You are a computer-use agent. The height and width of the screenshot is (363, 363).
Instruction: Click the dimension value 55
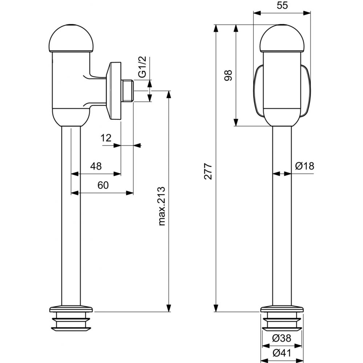(x=282, y=6)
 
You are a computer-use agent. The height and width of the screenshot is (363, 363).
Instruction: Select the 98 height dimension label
(x=228, y=75)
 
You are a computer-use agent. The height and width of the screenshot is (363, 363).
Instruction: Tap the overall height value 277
(x=208, y=171)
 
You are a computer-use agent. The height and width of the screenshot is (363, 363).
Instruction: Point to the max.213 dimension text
(x=162, y=206)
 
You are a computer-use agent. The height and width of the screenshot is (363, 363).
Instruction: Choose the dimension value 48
(x=96, y=166)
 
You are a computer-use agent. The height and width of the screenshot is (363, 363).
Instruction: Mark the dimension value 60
(x=103, y=185)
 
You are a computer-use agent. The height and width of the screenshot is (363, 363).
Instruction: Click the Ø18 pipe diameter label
(x=304, y=166)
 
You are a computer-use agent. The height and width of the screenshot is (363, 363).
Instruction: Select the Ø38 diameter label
(x=282, y=338)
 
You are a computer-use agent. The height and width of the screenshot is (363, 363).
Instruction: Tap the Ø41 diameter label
(x=282, y=352)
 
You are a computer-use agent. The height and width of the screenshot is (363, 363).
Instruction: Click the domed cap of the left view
(x=72, y=38)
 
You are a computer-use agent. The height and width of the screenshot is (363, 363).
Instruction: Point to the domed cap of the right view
(x=282, y=38)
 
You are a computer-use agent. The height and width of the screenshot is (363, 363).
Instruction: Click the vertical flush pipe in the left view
(x=71, y=218)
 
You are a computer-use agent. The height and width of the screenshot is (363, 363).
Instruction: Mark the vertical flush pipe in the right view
(x=282, y=218)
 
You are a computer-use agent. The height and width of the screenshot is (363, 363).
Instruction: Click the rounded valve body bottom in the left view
(x=71, y=116)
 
